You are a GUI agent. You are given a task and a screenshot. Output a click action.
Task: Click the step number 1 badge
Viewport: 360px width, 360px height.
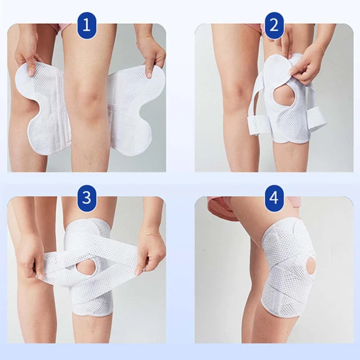pyautogui.click(x=86, y=25)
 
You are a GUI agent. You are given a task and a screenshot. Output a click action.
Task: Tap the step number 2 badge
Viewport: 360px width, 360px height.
pyautogui.click(x=274, y=25)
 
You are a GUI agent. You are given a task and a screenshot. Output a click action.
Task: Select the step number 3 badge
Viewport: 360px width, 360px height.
pyautogui.click(x=86, y=198)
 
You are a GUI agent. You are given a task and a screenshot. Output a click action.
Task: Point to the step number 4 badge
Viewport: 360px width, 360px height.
pyautogui.click(x=274, y=198)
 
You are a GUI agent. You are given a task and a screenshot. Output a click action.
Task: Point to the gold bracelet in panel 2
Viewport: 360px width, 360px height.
pyautogui.click(x=319, y=47)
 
